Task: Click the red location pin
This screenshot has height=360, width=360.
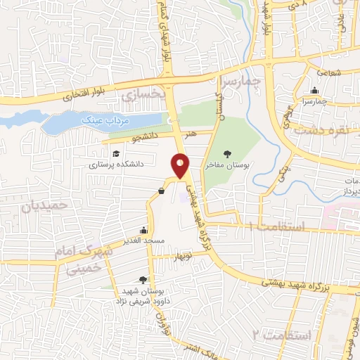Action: tap(181, 167)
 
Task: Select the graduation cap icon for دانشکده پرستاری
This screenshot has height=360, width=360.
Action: tap(114, 153)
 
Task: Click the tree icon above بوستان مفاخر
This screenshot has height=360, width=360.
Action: tap(226, 153)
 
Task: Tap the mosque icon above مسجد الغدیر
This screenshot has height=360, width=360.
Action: tap(144, 230)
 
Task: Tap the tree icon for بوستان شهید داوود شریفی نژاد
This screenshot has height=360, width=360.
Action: tap(144, 280)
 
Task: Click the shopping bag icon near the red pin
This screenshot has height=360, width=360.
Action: tap(162, 190)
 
